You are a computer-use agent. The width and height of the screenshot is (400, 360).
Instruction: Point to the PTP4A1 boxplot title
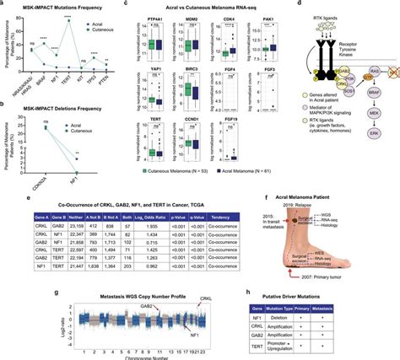(x=153, y=17)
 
